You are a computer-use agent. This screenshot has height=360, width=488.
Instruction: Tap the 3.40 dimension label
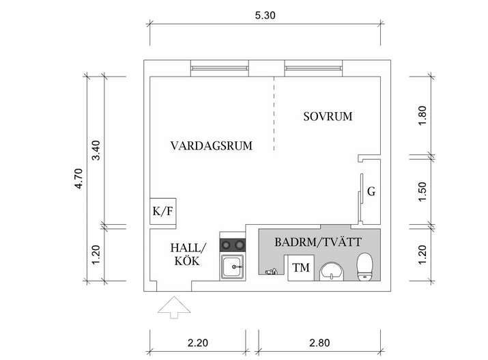pyautogui.click(x=96, y=150)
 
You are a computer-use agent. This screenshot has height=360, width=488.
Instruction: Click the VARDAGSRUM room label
pyautogui.click(x=212, y=146)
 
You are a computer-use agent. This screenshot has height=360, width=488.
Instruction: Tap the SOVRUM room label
pyautogui.click(x=328, y=117)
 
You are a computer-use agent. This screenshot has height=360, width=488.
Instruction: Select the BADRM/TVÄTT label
pyautogui.click(x=318, y=242)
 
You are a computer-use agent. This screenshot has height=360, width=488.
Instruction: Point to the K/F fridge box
pyautogui.click(x=163, y=211)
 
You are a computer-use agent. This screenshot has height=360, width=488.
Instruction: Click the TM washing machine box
pyautogui.click(x=300, y=268)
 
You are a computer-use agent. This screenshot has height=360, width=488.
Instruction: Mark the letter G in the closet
pyautogui.click(x=371, y=192)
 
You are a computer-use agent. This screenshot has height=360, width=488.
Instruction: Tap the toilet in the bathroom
pyautogui.click(x=365, y=266)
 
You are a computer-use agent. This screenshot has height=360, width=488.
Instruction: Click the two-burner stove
pyautogui.click(x=233, y=244)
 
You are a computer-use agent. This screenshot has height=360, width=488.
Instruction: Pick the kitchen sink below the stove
pyautogui.click(x=233, y=266)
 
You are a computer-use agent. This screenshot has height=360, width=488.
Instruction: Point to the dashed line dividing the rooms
pyautogui.click(x=274, y=113)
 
